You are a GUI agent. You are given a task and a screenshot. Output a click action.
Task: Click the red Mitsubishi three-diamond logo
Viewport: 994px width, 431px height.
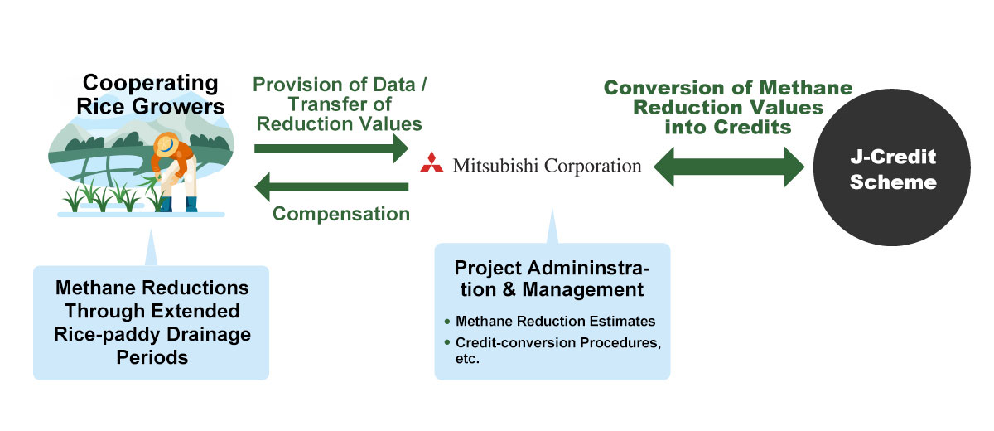coord(432,162)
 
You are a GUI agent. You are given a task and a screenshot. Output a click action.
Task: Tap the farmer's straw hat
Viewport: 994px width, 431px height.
coord(166,145)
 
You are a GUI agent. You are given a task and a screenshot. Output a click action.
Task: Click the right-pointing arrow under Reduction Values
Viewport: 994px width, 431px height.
coord(331,148)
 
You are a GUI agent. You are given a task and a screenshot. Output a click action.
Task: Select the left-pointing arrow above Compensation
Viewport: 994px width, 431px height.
coord(331,186)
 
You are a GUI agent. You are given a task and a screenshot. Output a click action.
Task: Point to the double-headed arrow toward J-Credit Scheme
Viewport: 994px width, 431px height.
coord(729,167)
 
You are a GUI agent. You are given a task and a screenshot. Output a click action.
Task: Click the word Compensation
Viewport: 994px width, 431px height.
coord(340,214)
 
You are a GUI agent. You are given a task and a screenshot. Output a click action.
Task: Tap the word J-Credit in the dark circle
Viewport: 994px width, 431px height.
coord(893,157)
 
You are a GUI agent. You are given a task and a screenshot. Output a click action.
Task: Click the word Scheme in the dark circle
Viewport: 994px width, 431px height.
coord(893,182)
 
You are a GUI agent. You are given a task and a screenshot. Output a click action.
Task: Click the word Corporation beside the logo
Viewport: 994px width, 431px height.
coord(593,166)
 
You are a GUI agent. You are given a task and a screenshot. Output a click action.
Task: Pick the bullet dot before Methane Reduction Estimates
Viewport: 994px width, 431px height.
coord(446,322)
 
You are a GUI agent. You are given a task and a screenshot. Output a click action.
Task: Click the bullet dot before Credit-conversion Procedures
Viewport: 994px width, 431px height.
coord(446,342)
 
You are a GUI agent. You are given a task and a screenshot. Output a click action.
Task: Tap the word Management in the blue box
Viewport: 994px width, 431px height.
coord(582,289)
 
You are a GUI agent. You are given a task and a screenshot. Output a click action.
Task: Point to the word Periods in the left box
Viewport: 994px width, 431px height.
coord(152,357)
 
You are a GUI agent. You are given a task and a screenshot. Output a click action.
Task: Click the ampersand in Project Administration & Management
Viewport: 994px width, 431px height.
coord(509,289)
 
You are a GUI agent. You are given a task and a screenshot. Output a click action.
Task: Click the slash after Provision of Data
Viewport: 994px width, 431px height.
coord(423,85)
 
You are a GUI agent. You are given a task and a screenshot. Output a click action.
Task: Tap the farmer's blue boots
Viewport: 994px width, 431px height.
coord(178,204)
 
